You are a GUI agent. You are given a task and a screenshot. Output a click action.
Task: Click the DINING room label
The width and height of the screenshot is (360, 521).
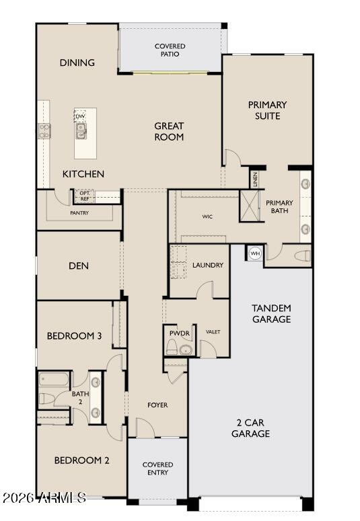pos(77,63)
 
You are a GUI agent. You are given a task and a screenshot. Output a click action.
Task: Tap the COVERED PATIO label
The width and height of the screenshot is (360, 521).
pos(170,50)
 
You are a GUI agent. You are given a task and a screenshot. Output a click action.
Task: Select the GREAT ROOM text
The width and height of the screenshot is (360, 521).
pos(168,131)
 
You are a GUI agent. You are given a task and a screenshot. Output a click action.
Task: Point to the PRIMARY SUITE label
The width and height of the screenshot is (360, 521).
pos(267,110)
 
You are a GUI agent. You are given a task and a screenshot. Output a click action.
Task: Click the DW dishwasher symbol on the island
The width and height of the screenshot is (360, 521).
pos(80,116)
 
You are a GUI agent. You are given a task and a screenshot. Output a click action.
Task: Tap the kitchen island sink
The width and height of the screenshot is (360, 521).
pos(81,131)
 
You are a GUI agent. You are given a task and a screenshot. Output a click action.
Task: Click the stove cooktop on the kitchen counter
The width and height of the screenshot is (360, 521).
pos(44,131)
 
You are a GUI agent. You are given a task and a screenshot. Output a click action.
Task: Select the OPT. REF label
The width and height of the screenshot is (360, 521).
pos(85,196)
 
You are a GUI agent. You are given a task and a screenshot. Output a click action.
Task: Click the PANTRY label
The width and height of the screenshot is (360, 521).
pos(79,213)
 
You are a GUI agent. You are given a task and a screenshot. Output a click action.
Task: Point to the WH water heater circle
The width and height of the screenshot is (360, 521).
pos(255,253)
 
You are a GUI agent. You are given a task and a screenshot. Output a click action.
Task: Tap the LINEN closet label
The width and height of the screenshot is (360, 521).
pos(256,179)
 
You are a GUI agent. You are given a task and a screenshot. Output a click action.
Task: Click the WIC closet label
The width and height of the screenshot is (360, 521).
pos(207,217)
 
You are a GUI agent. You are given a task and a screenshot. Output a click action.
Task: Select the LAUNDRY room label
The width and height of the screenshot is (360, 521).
pos(207,265)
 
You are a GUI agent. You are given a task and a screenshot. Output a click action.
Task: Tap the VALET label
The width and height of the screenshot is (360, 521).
pos(213,331)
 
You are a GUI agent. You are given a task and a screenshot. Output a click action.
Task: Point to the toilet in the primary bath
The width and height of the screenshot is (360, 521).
pos(303,255)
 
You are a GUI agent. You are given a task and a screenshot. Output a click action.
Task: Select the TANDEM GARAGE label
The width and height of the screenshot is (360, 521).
pos(271,313)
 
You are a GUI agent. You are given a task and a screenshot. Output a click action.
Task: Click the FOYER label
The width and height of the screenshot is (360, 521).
pos(157,405)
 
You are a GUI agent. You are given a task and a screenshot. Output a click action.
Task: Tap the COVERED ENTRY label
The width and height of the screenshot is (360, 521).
pos(157,469)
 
